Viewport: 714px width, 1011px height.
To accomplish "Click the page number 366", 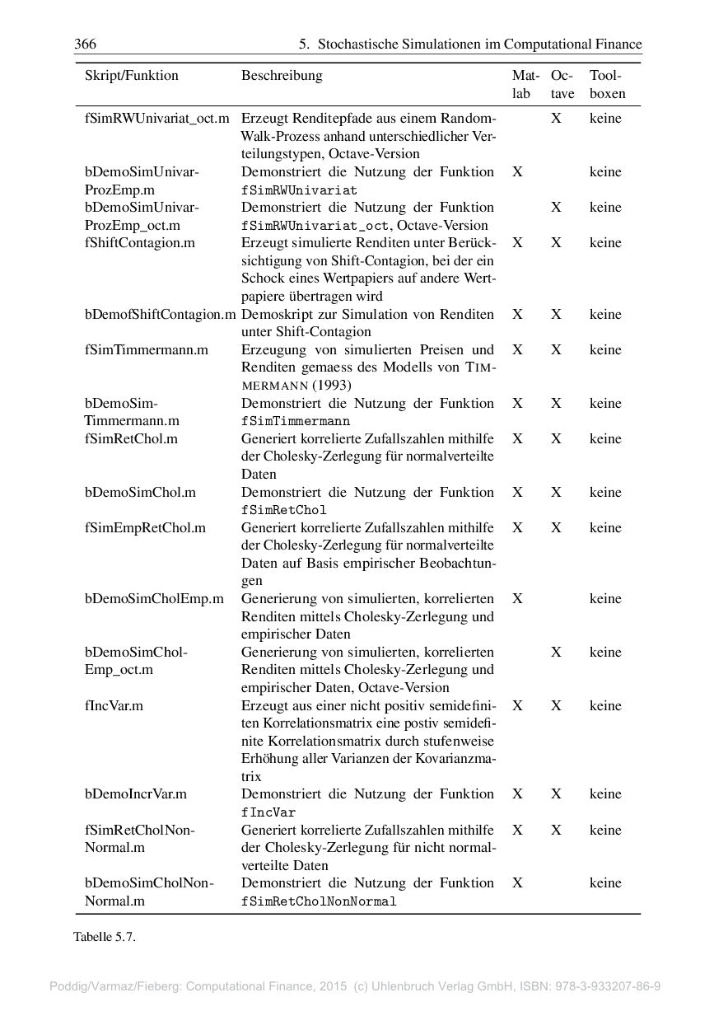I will pos(85,44).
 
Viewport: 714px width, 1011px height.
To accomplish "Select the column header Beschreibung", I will pos(282,76).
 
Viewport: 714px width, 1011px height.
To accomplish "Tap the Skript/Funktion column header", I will pos(131,76).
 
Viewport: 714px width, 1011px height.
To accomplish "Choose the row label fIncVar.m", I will pos(114,706).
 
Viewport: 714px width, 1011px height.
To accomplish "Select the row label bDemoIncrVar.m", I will pos(136,795).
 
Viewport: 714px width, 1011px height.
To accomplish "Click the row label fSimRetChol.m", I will pos(131,439).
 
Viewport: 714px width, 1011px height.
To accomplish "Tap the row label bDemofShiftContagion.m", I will pos(160,315).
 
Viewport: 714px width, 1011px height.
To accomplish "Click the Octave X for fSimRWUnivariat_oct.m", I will pos(557,119).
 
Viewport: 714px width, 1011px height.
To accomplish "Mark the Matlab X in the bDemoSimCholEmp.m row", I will pos(517,599).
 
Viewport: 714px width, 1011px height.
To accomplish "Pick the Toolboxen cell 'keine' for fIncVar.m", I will pos(605,706).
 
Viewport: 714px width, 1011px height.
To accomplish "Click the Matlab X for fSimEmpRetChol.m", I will pos(517,528).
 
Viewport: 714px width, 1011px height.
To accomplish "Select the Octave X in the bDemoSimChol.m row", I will pos(557,493).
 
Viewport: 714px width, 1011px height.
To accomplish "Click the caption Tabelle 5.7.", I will pos(104,937).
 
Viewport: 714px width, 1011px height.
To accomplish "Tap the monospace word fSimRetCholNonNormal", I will pos(318,901).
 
